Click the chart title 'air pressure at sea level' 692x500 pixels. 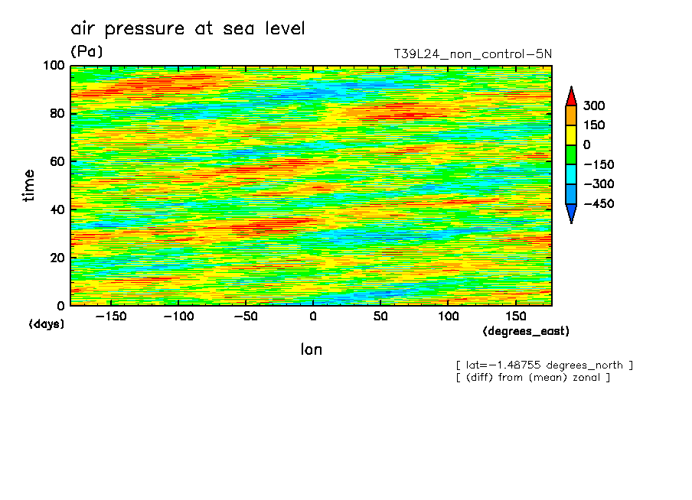click(188, 29)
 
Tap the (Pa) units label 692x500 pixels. click(86, 51)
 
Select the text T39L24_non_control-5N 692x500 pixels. click(472, 54)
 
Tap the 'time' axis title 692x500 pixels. click(29, 185)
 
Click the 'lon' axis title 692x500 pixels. click(311, 349)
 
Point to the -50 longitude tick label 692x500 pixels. click(245, 317)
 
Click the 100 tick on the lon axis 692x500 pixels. click(449, 317)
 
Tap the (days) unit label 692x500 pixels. click(47, 324)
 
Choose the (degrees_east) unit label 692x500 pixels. click(526, 331)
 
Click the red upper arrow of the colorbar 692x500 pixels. click(570, 96)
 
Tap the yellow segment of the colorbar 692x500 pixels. click(570, 135)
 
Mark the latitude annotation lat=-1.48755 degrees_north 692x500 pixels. click(544, 365)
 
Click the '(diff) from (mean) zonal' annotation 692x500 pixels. click(533, 377)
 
